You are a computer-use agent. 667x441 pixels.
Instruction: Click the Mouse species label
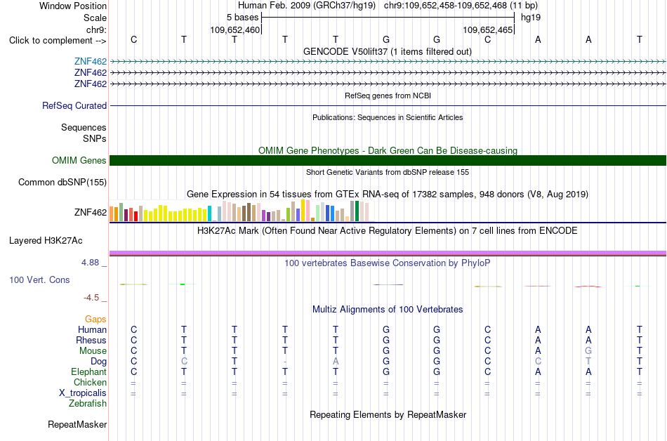click(93, 351)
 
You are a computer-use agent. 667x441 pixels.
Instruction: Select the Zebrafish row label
click(88, 403)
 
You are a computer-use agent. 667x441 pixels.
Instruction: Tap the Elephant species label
click(89, 372)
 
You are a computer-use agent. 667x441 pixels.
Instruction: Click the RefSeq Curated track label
click(74, 105)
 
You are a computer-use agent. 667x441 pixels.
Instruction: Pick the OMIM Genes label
click(79, 160)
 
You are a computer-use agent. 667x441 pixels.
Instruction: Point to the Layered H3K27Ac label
click(46, 241)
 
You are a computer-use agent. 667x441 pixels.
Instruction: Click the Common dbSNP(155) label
click(62, 183)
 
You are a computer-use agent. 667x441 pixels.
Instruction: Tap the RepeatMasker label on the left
click(77, 424)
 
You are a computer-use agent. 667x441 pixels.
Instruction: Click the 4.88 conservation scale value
click(90, 263)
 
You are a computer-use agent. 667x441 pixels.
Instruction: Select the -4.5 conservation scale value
click(91, 298)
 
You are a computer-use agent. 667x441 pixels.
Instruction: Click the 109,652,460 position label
click(235, 30)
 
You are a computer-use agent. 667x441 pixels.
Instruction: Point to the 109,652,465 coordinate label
click(487, 30)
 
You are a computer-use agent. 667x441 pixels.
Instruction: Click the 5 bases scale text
click(242, 18)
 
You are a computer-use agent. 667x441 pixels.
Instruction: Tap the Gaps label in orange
click(95, 320)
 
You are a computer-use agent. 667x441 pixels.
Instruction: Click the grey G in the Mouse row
click(588, 351)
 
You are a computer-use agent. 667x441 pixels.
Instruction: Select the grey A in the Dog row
click(336, 362)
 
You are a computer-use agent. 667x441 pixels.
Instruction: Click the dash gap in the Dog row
click(285, 362)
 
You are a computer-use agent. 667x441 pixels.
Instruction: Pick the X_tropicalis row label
click(83, 393)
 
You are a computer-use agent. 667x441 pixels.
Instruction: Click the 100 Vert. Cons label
click(39, 279)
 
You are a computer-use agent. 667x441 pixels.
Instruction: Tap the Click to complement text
click(50, 41)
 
